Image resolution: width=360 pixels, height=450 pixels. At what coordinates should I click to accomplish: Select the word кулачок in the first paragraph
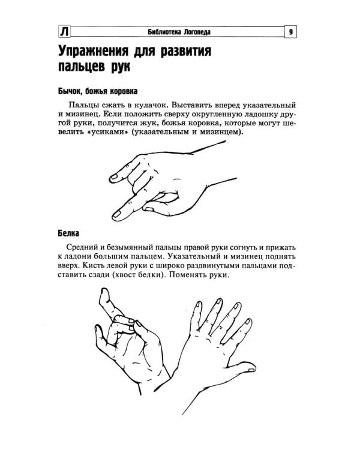(141, 104)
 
